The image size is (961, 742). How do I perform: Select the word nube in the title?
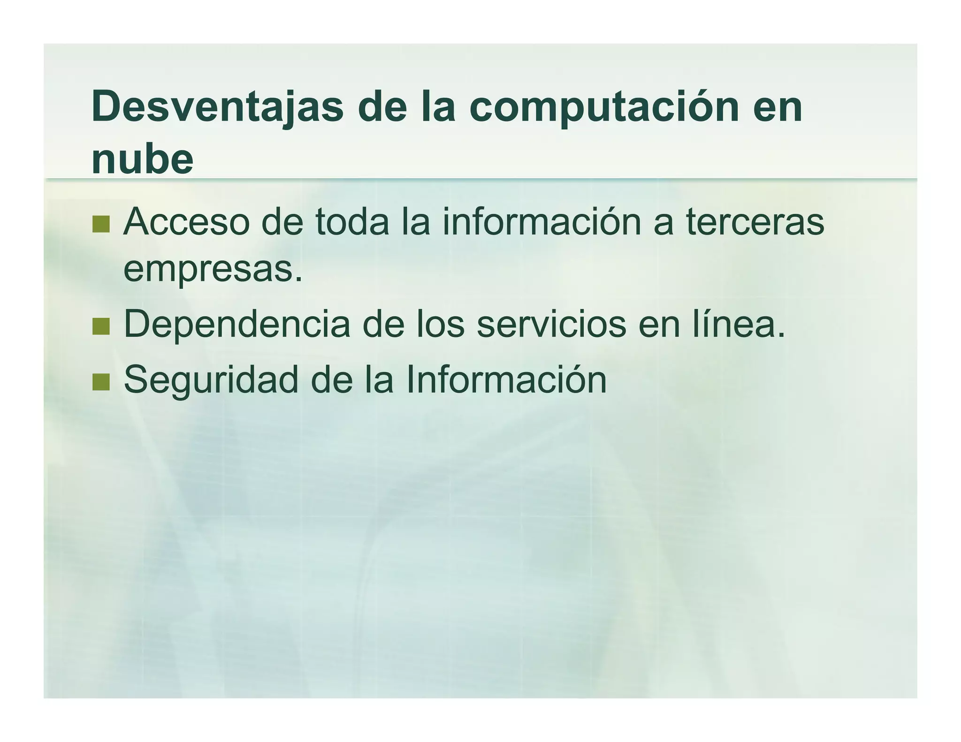click(x=142, y=159)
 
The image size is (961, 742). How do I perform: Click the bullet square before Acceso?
click(x=101, y=224)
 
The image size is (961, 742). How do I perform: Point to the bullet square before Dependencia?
click(x=101, y=326)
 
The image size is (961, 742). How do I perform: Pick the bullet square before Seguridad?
click(x=101, y=382)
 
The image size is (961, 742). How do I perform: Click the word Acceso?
click(x=186, y=222)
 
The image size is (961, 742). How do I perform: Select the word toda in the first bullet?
click(x=352, y=222)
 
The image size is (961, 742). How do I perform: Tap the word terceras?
click(x=755, y=222)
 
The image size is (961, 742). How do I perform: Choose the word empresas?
click(x=213, y=271)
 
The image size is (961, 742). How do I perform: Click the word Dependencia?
click(x=236, y=324)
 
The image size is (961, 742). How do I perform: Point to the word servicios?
click(x=551, y=324)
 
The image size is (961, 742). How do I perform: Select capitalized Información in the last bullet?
click(x=506, y=379)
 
